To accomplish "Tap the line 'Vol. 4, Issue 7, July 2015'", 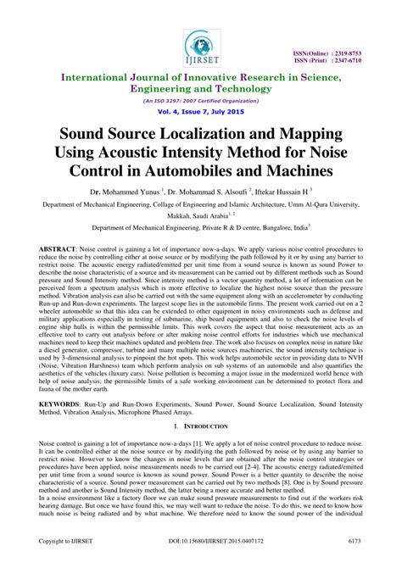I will coord(201,111).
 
